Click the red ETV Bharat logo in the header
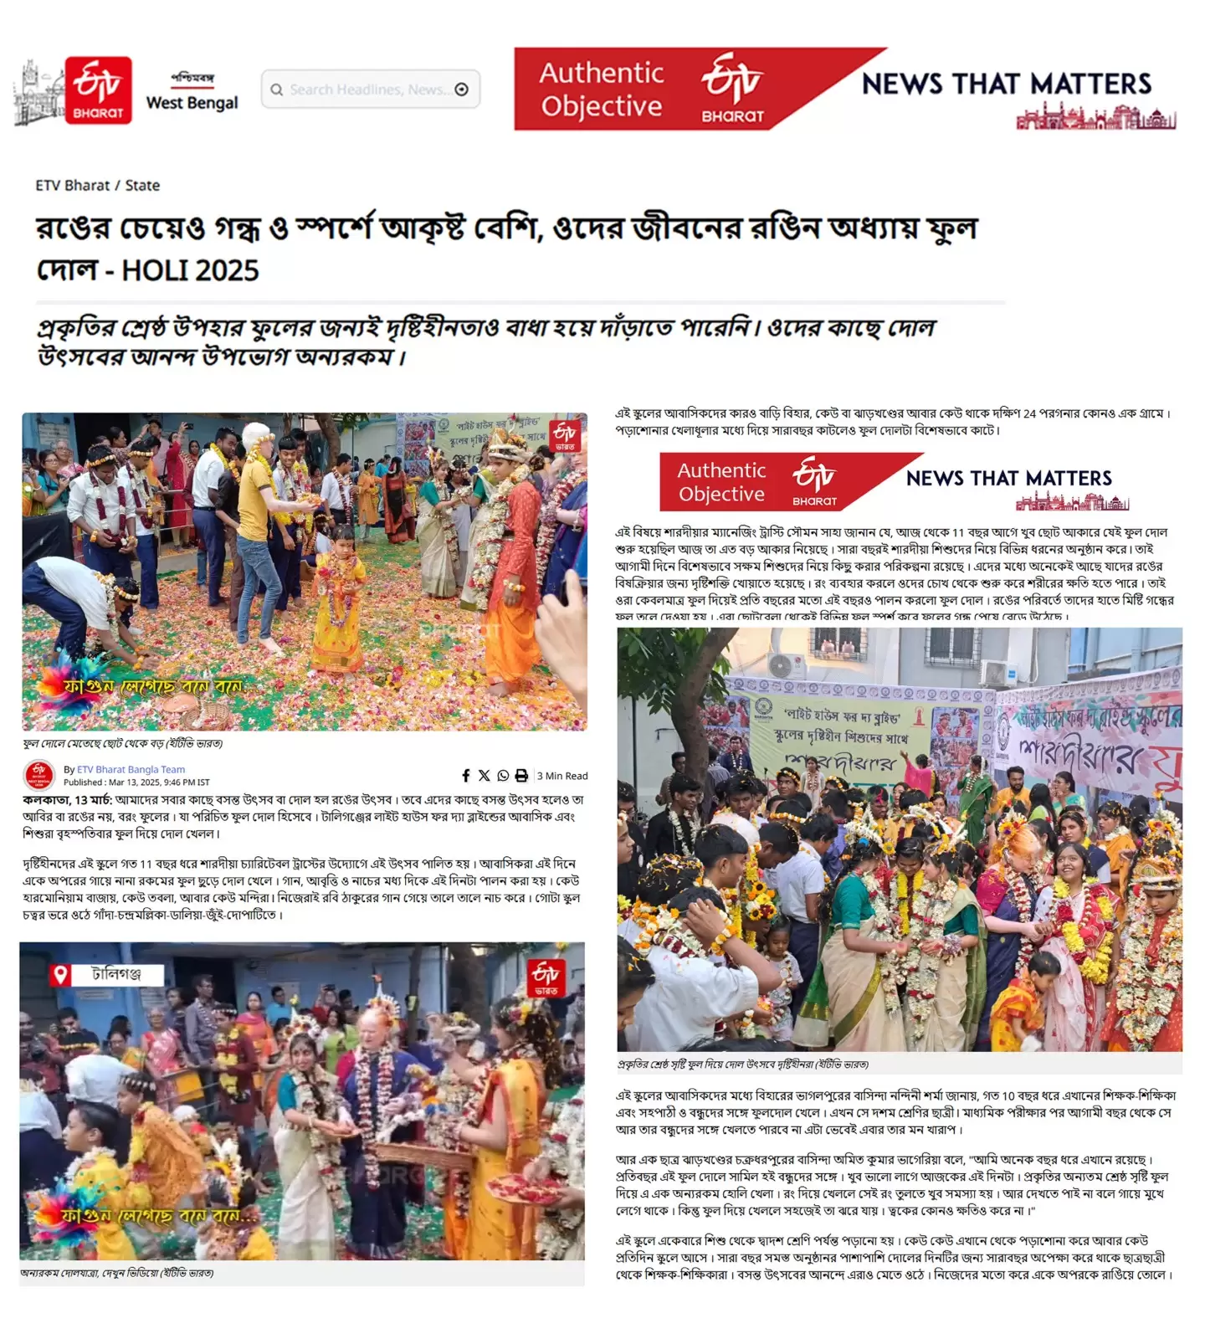pos(98,90)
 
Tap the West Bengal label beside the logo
pos(192,102)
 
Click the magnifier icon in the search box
pos(276,90)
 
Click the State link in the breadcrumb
pos(142,185)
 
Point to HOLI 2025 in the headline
pos(190,270)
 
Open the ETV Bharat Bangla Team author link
pos(131,769)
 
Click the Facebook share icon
pos(466,776)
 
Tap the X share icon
pos(485,776)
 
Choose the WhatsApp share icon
pos(503,776)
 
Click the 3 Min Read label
pos(562,776)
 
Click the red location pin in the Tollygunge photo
pos(59,975)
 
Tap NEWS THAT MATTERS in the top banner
pos(1007,84)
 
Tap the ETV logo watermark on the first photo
pos(565,435)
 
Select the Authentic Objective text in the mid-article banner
pos(721,482)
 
